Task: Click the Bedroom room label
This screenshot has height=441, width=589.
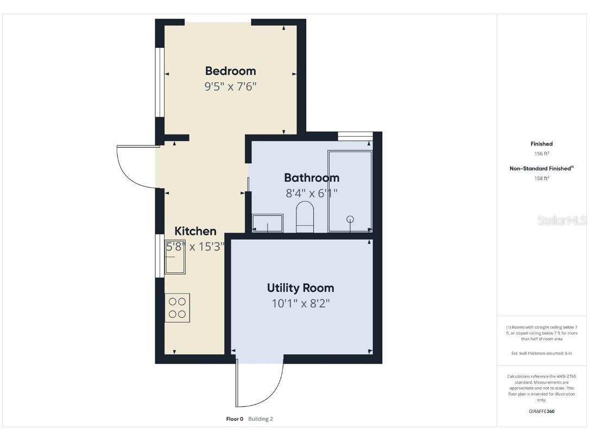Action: tap(230, 71)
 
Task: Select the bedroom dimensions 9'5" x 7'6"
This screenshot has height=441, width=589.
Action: tap(230, 87)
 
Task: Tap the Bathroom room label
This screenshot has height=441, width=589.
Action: tap(312, 178)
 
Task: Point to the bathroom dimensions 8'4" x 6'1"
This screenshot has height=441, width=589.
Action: tap(312, 193)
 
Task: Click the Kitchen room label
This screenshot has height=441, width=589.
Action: tap(195, 232)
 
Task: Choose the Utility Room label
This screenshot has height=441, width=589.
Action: tap(300, 288)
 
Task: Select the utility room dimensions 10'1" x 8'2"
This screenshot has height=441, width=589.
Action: tap(300, 304)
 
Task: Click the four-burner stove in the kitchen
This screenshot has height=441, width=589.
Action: tap(178, 308)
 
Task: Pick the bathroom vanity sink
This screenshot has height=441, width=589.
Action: tap(268, 223)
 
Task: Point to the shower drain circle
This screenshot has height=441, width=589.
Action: tap(350, 219)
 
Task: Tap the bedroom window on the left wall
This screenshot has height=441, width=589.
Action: tap(160, 82)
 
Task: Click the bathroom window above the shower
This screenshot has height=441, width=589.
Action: tap(355, 136)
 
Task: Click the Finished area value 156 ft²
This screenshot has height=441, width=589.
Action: tap(541, 154)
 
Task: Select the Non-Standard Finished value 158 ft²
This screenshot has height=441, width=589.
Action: tap(541, 178)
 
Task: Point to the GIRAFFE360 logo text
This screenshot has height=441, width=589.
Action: tap(541, 411)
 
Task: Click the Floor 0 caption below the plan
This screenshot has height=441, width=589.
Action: tap(235, 419)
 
